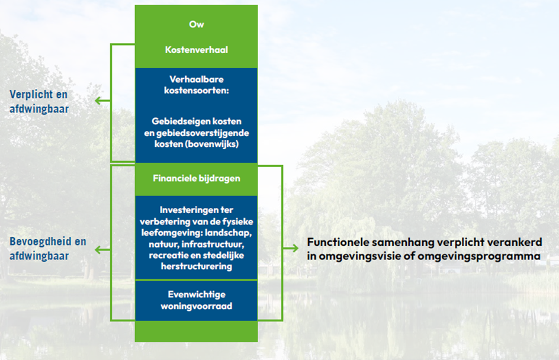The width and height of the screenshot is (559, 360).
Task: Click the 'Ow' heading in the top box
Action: [x=196, y=25]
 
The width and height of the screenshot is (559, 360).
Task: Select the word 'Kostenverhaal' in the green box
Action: [x=196, y=50]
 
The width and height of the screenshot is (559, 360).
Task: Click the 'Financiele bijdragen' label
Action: [x=196, y=178]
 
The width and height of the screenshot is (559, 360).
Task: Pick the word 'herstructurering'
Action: [x=196, y=266]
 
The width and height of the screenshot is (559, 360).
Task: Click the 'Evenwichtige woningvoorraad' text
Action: [x=196, y=300]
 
